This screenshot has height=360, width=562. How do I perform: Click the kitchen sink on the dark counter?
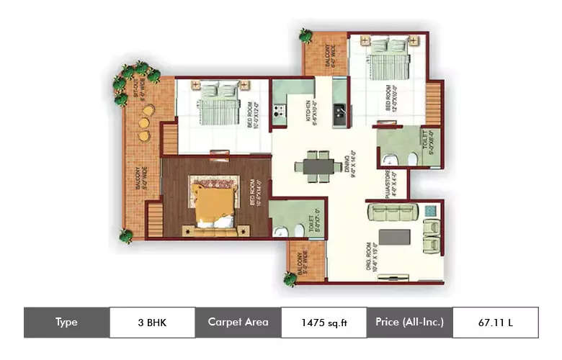point(338,112)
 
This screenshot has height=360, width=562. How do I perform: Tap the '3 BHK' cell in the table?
point(151,323)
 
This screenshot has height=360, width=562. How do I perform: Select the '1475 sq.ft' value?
point(324,323)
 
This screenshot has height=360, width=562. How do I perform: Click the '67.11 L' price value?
point(495,323)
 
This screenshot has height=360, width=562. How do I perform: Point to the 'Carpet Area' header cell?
point(238,323)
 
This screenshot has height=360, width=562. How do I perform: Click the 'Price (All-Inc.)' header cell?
point(409,323)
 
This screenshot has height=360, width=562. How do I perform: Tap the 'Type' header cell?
point(66,323)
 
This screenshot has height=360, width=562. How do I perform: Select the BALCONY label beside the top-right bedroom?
point(326,56)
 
